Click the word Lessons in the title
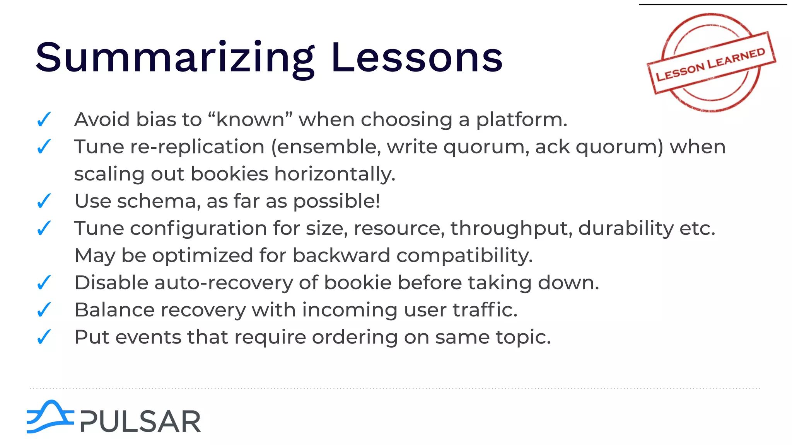[417, 58]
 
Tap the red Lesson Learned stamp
[711, 63]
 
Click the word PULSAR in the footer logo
[141, 421]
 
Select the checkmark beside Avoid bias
[44, 119]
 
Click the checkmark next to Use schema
[44, 201]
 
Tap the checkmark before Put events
[44, 337]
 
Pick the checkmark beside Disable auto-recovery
[44, 282]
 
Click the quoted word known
[250, 119]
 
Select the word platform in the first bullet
[521, 120]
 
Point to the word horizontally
[335, 174]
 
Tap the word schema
[159, 201]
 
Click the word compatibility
[464, 256]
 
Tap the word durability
[626, 228]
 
